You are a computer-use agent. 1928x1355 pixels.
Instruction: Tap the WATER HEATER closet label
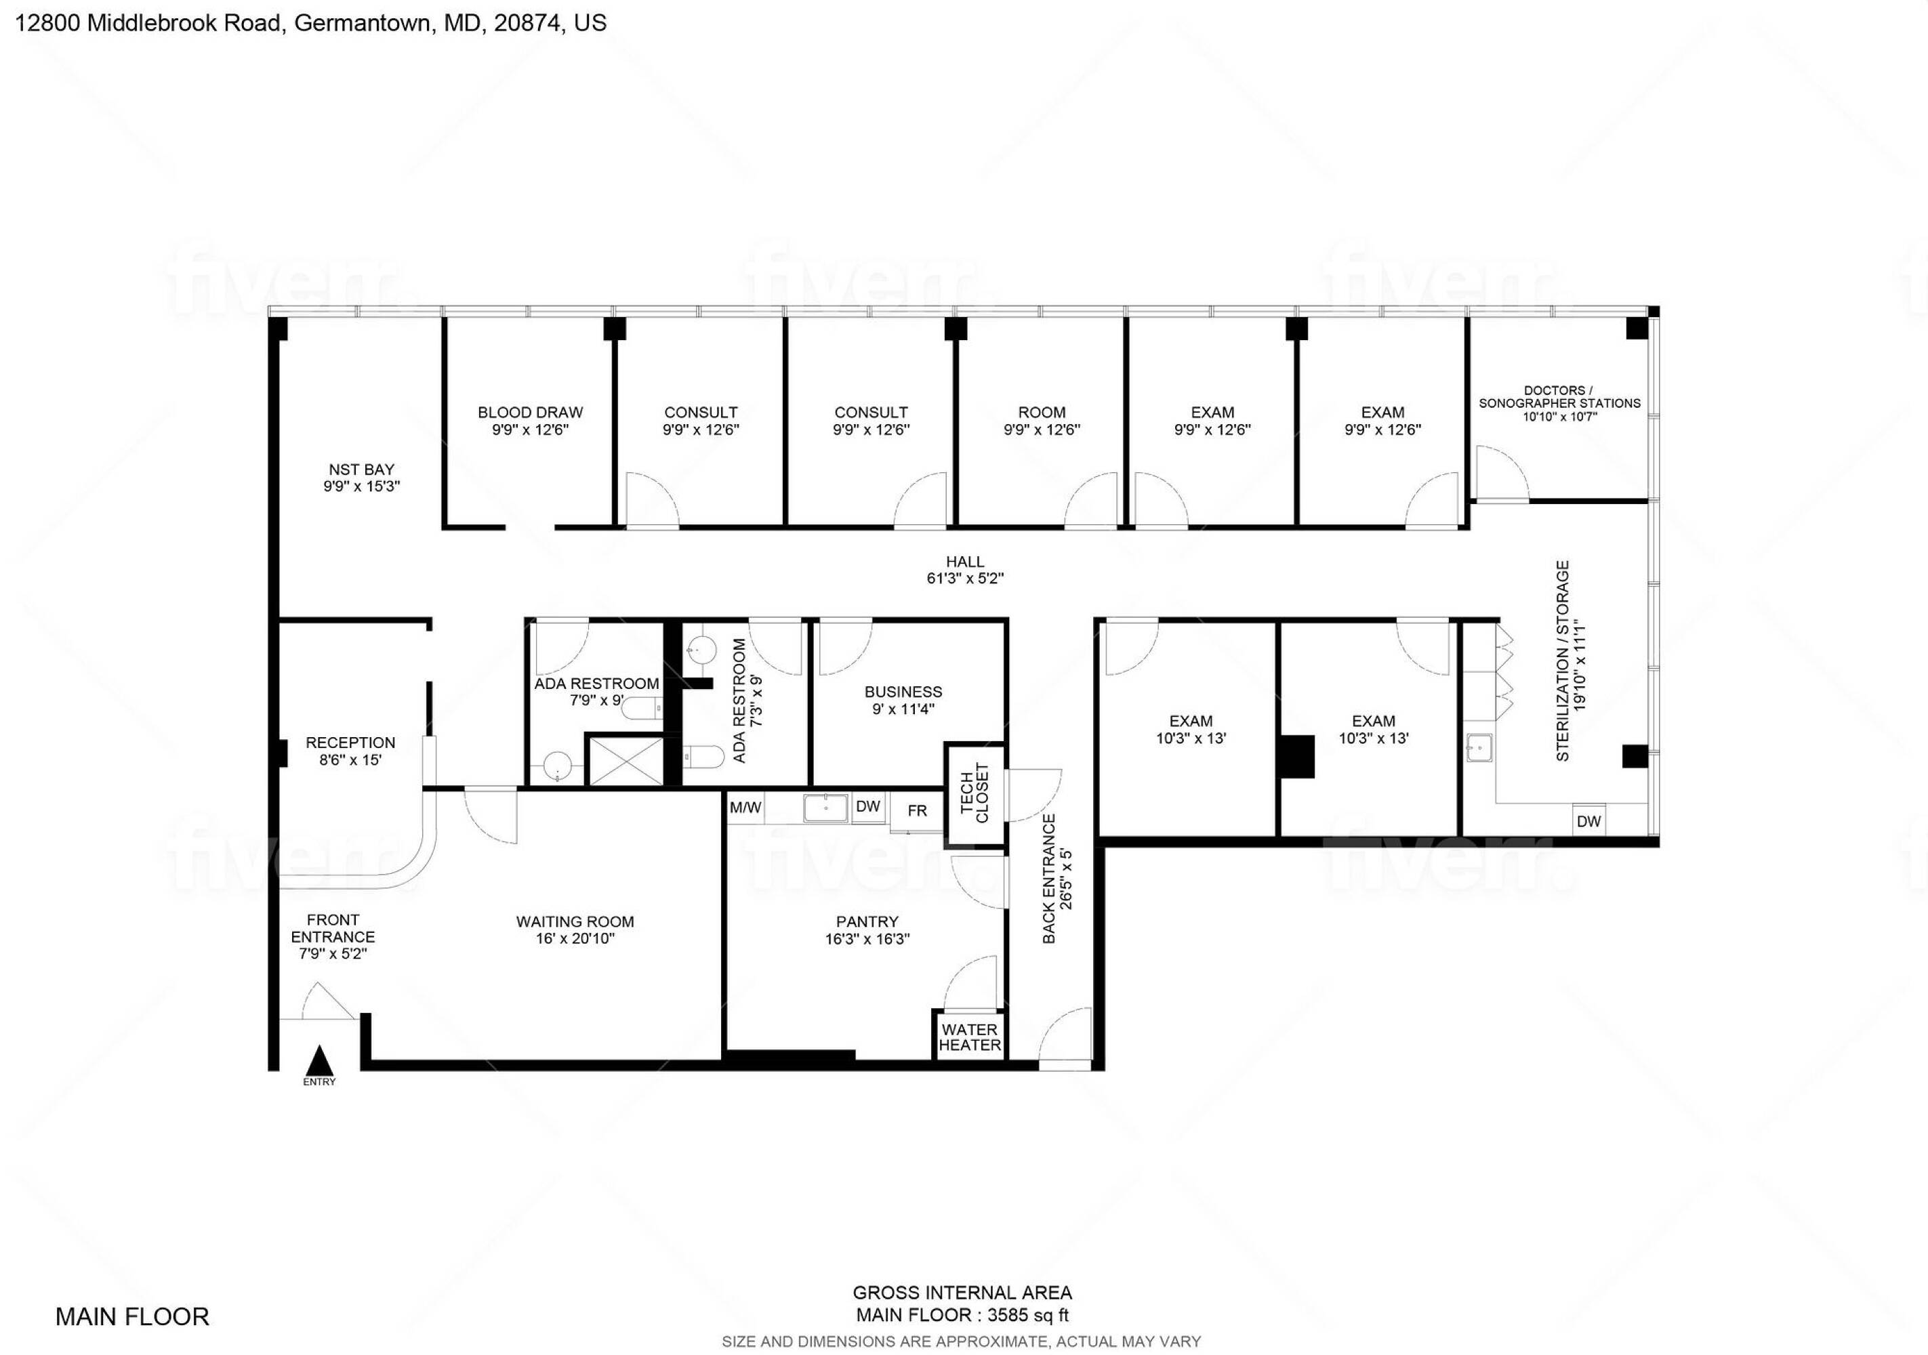tap(970, 1038)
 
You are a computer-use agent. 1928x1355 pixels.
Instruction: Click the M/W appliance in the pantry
tap(745, 808)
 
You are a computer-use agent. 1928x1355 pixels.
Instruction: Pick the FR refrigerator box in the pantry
tap(917, 811)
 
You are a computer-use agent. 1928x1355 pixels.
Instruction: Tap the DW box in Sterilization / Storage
tap(1588, 821)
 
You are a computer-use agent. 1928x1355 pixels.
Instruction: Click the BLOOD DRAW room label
tap(530, 412)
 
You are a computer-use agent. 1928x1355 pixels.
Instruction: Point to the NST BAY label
tap(361, 470)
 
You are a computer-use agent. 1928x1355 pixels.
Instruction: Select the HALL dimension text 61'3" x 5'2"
tap(965, 579)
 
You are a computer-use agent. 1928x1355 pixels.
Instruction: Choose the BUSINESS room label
tap(903, 692)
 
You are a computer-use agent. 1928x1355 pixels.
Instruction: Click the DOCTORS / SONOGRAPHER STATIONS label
tap(1559, 397)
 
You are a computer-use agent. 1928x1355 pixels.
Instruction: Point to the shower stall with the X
tap(625, 761)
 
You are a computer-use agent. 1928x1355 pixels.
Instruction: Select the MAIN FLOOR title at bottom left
tap(133, 1316)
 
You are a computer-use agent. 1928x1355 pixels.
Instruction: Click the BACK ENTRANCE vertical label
tap(1049, 878)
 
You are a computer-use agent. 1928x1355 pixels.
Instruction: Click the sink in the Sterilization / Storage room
tap(1478, 747)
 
